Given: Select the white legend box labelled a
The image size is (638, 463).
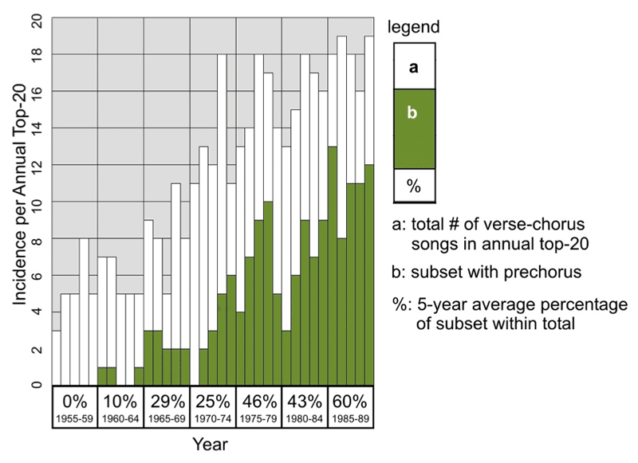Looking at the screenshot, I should (413, 66).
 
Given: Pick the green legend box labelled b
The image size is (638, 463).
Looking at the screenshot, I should (413, 128).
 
